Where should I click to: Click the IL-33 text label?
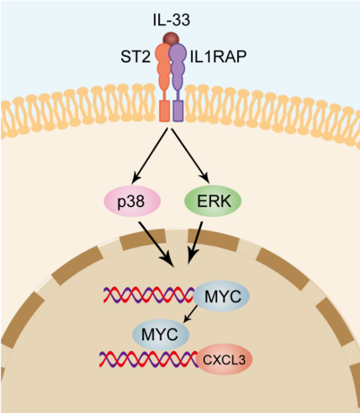[171, 20]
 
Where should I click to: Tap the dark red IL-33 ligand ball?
[171, 38]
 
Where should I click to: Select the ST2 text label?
[136, 56]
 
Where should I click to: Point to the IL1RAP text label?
[218, 56]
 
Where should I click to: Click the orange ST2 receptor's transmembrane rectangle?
[164, 111]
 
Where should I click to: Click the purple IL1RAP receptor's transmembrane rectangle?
[178, 111]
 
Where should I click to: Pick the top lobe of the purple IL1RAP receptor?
[177, 53]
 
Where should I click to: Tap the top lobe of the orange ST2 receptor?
[163, 53]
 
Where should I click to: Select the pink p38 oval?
[132, 201]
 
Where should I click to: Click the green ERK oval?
[213, 201]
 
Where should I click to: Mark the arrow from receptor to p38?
[150, 156]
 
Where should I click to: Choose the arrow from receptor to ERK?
[190, 156]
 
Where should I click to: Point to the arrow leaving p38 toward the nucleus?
[156, 244]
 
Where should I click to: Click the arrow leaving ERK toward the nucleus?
[195, 243]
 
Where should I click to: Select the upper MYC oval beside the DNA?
[221, 296]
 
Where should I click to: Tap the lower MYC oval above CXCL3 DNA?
[160, 335]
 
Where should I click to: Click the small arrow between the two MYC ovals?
[190, 313]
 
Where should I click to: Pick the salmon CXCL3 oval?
[224, 360]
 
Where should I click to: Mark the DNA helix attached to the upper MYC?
[149, 295]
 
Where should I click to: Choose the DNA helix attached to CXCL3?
[149, 359]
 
